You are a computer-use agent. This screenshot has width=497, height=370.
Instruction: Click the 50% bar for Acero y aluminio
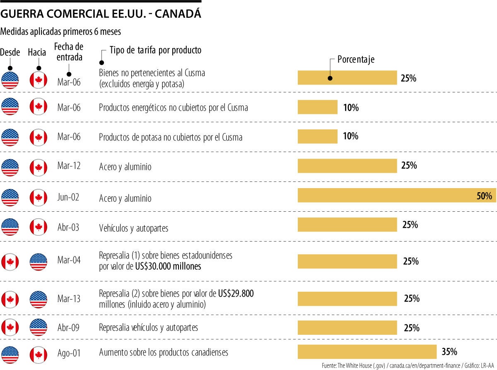tap(396, 196)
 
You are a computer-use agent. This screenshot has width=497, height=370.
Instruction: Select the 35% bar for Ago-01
tap(367, 352)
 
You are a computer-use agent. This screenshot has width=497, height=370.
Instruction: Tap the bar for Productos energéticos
tap(318, 107)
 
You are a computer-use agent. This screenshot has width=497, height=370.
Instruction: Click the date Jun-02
tap(68, 197)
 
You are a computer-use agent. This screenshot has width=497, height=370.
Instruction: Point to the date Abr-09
tap(69, 327)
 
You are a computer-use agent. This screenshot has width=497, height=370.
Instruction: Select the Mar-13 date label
tap(69, 299)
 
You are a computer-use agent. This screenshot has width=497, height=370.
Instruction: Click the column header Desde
tap(10, 52)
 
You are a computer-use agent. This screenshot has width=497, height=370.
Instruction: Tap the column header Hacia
tap(37, 52)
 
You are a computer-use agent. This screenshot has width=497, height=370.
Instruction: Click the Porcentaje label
tap(356, 59)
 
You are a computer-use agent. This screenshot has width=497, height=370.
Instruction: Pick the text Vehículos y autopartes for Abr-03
tap(133, 228)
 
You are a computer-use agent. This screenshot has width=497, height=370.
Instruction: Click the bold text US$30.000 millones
tap(168, 266)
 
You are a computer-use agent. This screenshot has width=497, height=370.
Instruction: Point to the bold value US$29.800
tap(236, 294)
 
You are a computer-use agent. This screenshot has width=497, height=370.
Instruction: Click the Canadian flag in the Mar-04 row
tap(10, 262)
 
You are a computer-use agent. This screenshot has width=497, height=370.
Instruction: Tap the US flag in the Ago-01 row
tap(10, 353)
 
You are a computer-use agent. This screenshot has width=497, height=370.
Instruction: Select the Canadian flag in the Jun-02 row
tap(38, 197)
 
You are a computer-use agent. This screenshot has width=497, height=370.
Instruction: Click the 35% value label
tap(449, 352)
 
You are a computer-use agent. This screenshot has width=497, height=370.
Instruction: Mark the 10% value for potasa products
tap(351, 136)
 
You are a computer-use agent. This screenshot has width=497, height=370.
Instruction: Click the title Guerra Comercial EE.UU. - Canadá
tap(101, 14)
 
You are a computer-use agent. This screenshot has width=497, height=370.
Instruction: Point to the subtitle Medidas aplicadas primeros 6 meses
tap(61, 31)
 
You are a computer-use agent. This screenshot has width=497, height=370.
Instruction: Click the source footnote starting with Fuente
tap(408, 365)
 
